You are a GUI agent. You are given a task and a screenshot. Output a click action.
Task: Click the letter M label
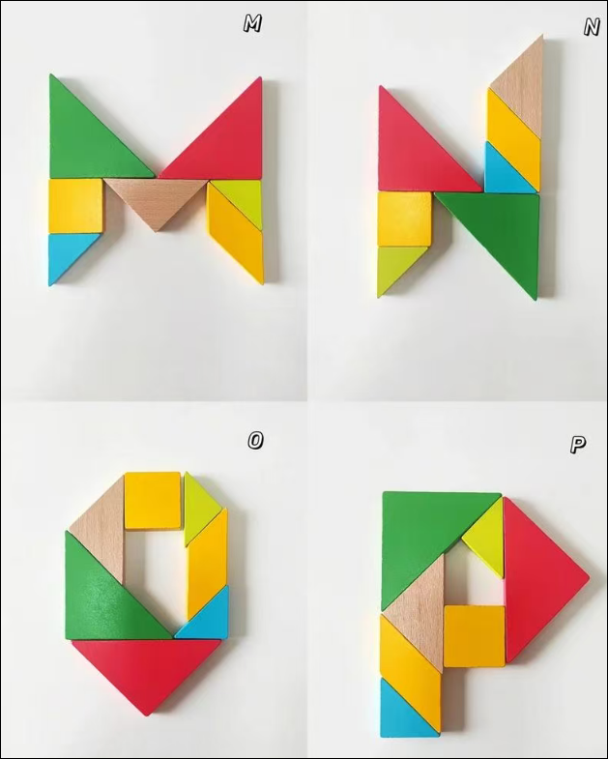252,24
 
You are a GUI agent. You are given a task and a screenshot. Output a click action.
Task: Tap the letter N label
591,28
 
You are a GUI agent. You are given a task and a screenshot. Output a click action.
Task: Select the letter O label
255,441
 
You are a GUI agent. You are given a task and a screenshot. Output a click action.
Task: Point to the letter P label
577,444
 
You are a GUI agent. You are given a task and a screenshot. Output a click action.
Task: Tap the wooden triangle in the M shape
156,198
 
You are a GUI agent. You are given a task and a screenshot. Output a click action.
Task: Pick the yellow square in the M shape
76,206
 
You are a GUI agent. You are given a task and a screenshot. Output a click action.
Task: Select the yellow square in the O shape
153,500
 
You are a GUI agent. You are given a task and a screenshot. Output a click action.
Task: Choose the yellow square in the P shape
475,636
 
